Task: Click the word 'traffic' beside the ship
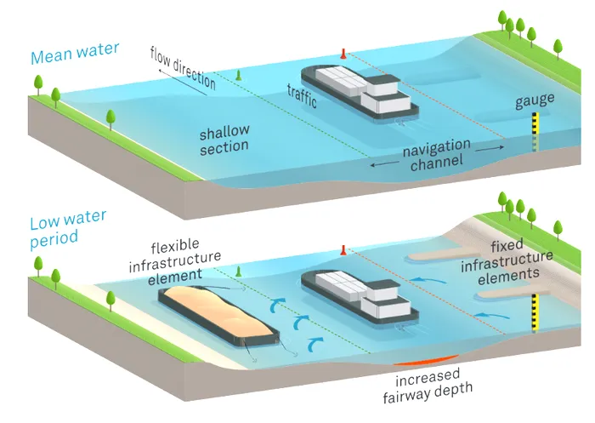[x=303, y=96]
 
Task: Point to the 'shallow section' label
[x=224, y=140]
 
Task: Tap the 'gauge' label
[x=534, y=100]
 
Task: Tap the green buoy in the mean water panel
[x=239, y=76]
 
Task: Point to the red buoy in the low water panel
[x=343, y=249]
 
